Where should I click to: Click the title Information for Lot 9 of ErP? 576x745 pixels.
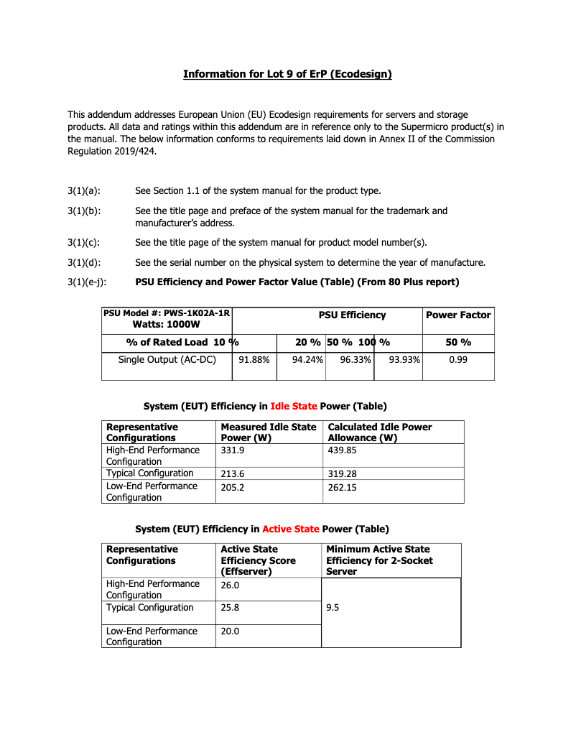[287, 74]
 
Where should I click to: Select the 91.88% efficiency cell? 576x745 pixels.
[254, 359]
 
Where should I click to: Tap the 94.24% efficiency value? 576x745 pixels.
[307, 359]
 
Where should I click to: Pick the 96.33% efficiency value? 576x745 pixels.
[355, 359]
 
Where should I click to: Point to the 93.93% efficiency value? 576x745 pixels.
[404, 359]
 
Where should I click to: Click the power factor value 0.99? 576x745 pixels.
[458, 359]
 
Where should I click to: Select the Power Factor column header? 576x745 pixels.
[458, 315]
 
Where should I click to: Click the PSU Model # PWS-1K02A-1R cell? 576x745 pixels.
[167, 319]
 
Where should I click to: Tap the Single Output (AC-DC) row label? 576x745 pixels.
[167, 359]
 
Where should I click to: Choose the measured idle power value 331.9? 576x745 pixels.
[233, 450]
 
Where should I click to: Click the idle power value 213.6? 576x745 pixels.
[233, 474]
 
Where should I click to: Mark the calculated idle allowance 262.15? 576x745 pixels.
[342, 488]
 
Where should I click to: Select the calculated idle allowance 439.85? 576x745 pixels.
[342, 450]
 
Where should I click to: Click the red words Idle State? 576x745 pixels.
[293, 407]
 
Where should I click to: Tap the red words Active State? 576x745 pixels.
[290, 529]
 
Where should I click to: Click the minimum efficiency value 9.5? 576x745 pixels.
[333, 608]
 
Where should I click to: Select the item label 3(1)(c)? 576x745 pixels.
[84, 242]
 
